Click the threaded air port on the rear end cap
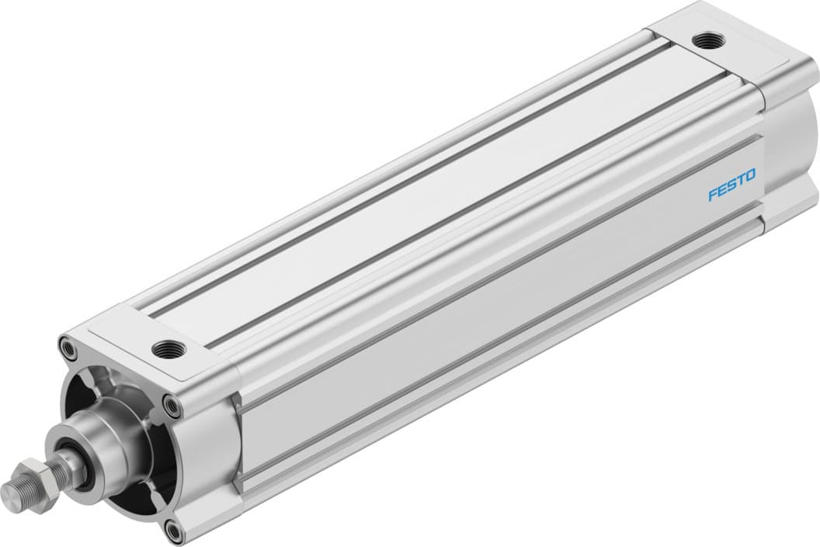coord(707,40)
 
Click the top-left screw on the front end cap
coord(70,347)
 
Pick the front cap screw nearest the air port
coord(170,403)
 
